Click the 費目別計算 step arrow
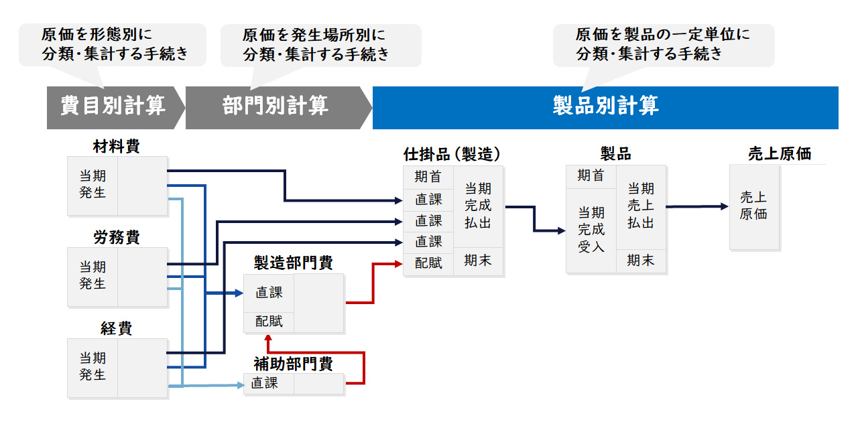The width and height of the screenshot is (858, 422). click(113, 106)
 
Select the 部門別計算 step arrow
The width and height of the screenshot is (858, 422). click(275, 106)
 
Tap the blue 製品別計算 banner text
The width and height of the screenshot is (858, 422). click(605, 106)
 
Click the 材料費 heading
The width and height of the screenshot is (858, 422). click(117, 146)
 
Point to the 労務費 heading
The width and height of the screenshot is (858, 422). click(117, 237)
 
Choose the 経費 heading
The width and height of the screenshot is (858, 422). click(117, 328)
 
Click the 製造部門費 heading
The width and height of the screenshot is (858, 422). click(293, 263)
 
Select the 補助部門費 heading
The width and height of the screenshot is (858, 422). click(293, 364)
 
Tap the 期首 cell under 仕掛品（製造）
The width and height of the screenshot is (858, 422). click(428, 178)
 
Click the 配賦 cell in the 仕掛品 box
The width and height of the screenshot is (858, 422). click(428, 263)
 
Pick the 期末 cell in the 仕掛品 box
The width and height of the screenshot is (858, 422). click(478, 261)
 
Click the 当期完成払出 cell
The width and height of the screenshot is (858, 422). click(478, 206)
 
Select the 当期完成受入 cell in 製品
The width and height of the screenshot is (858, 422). click(591, 230)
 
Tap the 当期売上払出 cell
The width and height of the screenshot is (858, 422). click(641, 206)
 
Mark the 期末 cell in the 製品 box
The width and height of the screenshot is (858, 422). click(641, 261)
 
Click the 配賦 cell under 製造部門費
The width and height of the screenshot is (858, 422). click(269, 322)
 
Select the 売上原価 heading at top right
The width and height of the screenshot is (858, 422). click(779, 154)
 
